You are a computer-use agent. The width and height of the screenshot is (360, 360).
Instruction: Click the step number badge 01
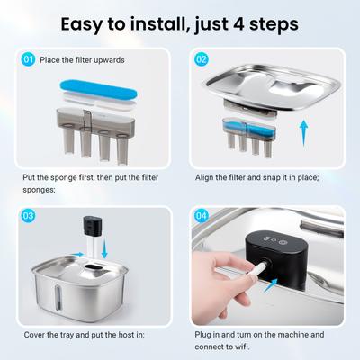[29, 59]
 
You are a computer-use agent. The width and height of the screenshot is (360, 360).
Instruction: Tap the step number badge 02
[202, 59]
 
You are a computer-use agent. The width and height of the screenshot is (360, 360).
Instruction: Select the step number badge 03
[29, 216]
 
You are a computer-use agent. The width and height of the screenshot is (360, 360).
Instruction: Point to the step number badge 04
[202, 216]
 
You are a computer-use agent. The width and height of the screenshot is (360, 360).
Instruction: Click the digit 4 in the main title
[238, 24]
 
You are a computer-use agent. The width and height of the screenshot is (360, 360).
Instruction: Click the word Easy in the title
[81, 25]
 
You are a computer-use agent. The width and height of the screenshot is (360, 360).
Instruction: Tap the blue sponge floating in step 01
[98, 90]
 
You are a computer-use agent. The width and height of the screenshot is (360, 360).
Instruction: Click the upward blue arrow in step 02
[304, 133]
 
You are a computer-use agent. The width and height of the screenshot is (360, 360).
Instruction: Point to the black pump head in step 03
[93, 226]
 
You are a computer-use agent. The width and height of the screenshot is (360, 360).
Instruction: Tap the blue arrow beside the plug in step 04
[271, 284]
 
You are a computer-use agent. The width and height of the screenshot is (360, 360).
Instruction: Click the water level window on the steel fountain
[58, 297]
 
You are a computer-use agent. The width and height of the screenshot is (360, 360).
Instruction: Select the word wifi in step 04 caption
[241, 346]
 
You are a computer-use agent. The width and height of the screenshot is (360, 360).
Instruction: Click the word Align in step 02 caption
[205, 177]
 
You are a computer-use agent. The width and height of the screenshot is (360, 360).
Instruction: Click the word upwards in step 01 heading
[109, 60]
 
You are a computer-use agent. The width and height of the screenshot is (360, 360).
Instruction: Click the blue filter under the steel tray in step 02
[249, 130]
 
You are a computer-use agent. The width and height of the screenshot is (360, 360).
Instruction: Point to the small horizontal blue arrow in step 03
[78, 255]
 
